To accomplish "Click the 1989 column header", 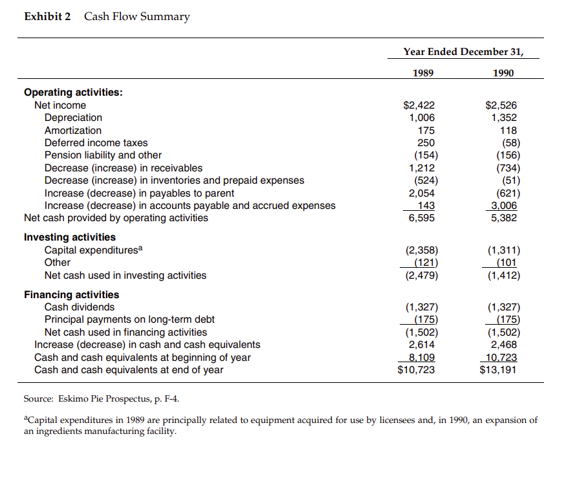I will [x=424, y=73].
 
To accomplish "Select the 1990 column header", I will [x=504, y=73].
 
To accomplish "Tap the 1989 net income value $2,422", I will [x=419, y=105].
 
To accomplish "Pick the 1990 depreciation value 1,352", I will [x=504, y=118].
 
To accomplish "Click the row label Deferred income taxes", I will [x=96, y=143].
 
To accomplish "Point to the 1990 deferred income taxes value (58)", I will [x=507, y=143].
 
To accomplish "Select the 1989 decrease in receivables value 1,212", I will [x=422, y=168].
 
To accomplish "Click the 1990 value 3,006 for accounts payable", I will [x=503, y=206].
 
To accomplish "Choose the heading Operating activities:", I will [x=73, y=92].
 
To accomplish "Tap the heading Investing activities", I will [x=70, y=237].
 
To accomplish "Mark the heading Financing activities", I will [x=71, y=295].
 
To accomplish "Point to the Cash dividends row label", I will [x=79, y=307].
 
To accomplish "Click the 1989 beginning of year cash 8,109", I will [x=422, y=358].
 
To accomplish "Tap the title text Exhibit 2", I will [x=47, y=17].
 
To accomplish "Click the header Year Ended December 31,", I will [x=462, y=51].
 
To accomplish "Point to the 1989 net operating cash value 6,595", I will [x=421, y=218].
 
